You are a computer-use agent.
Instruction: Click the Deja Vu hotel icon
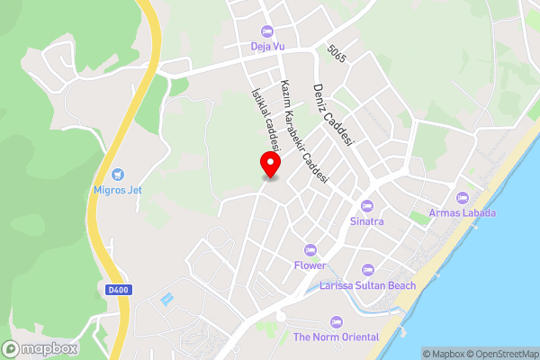tap(267, 31)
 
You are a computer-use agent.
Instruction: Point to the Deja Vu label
tap(267, 47)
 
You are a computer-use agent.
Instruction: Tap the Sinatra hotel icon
tap(366, 205)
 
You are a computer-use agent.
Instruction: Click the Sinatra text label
tap(366, 220)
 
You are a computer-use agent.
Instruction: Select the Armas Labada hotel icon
tap(463, 198)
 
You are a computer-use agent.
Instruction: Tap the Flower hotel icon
tap(310, 249)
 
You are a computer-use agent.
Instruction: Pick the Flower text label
tap(310, 265)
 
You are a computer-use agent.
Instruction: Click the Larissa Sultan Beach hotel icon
tap(367, 270)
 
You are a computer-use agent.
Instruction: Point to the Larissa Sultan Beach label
tap(367, 285)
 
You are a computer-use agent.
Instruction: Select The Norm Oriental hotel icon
tap(337, 322)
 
